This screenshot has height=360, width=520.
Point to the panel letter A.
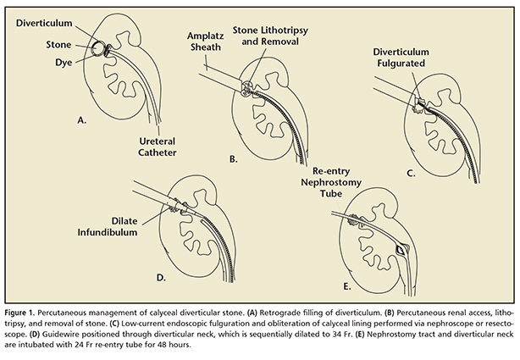pos(82,121)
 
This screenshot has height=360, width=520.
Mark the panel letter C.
pos(412,172)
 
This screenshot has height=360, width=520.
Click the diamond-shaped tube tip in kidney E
pos(400,251)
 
